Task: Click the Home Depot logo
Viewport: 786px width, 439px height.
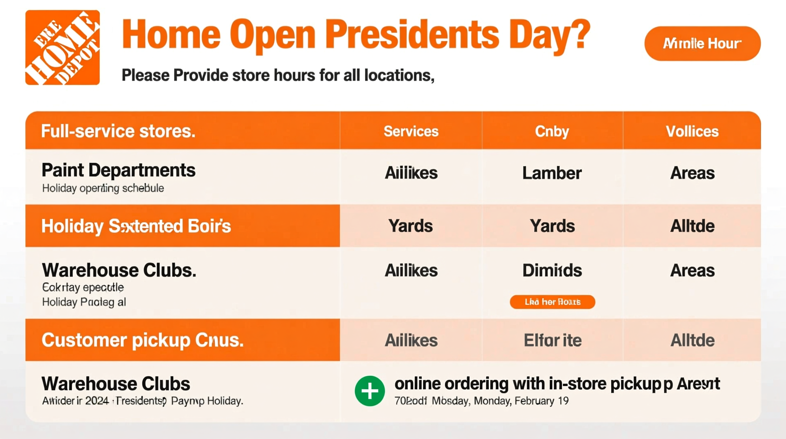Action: click(62, 47)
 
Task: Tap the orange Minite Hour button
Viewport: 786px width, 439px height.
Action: click(702, 44)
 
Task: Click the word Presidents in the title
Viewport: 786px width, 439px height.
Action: click(412, 35)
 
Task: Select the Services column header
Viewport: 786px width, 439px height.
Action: click(411, 131)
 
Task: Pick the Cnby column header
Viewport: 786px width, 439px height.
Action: click(552, 131)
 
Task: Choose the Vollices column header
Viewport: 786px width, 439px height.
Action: click(692, 131)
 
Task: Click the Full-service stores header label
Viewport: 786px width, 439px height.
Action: click(118, 131)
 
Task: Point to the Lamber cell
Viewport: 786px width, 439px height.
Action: click(552, 173)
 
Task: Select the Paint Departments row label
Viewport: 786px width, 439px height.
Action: click(119, 170)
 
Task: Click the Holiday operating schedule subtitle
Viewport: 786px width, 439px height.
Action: click(103, 188)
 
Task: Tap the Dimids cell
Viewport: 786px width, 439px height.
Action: click(552, 271)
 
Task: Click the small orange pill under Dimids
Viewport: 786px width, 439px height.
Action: click(552, 302)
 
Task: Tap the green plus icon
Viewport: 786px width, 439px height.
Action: click(370, 391)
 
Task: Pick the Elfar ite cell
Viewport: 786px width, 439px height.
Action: click(552, 340)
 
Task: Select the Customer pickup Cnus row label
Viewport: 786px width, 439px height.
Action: click(143, 340)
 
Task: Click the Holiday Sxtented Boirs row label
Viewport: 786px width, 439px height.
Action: click(136, 226)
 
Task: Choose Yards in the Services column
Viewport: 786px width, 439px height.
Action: click(410, 226)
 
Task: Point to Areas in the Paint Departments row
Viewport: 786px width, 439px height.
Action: click(692, 173)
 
